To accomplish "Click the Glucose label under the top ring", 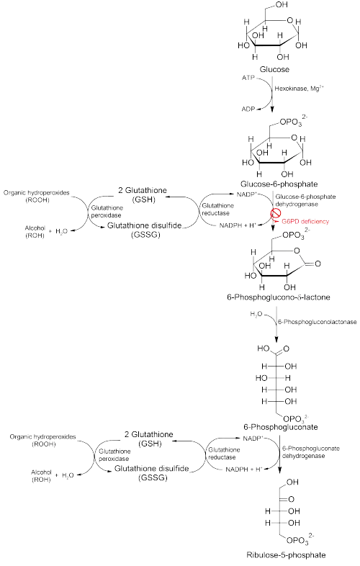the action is (x=274, y=69).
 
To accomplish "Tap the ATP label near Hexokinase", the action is (x=248, y=78).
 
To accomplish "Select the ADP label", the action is (x=248, y=109).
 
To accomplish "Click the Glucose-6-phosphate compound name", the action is (x=279, y=184).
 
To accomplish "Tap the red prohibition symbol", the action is (x=276, y=214).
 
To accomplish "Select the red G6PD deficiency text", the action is (x=305, y=221).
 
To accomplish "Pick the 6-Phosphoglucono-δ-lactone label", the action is (x=279, y=297).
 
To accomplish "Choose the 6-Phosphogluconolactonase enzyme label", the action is (x=317, y=322).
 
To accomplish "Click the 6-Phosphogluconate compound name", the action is (x=281, y=427).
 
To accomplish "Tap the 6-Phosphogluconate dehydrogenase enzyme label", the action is (x=310, y=452).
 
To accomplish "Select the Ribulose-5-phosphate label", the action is (x=286, y=554).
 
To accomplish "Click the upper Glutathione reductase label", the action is (x=217, y=209).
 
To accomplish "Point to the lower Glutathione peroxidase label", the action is (x=114, y=455).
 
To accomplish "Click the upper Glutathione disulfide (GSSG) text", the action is (x=144, y=230).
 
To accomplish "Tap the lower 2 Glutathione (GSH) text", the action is (x=149, y=439).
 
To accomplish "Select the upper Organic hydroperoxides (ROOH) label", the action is (x=37, y=197).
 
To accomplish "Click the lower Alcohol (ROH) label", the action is (x=41, y=476).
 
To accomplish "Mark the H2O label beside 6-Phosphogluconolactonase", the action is (x=256, y=315).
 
